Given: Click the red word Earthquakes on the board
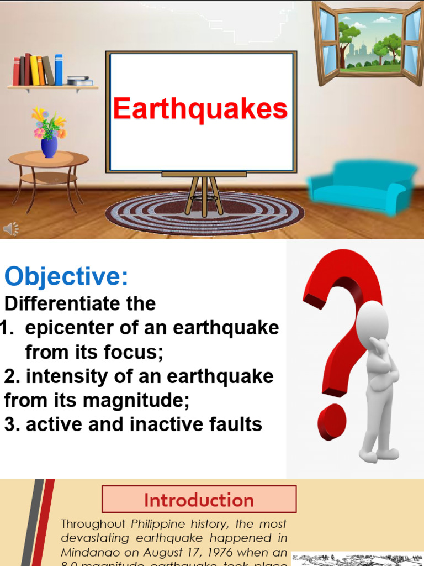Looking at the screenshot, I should pos(200,109).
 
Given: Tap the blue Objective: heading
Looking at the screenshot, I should pos(66,277).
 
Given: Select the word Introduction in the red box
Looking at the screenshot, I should pos(199,500).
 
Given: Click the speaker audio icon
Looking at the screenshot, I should pos(11,228).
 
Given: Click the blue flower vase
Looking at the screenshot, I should pos(49,147).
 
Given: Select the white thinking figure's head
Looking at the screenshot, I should pos(372,323).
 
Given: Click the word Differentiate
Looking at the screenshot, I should pos(81,303).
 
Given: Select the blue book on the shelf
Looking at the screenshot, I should pos(59,70).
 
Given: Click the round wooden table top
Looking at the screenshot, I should pos(49,159).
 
